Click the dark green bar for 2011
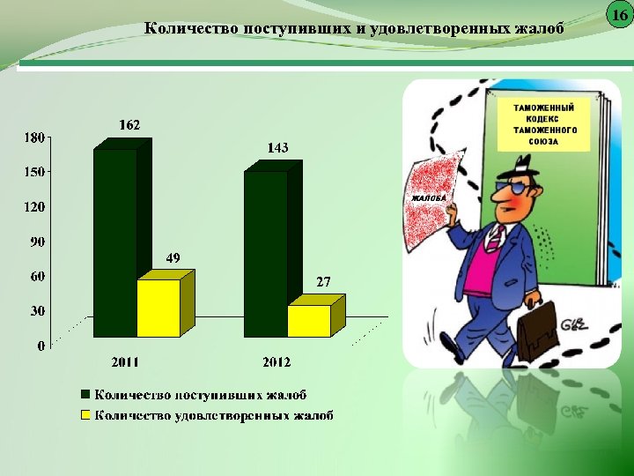click(115, 242)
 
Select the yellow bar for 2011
click(158, 308)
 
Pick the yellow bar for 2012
click(309, 321)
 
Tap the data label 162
click(129, 125)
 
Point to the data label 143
click(277, 147)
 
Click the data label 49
click(173, 258)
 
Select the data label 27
click(323, 282)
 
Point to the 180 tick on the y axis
click(33, 138)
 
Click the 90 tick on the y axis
click(37, 242)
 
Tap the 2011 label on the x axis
click(124, 362)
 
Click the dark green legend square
click(86, 395)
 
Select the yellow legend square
click(86, 414)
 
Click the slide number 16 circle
click(619, 15)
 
